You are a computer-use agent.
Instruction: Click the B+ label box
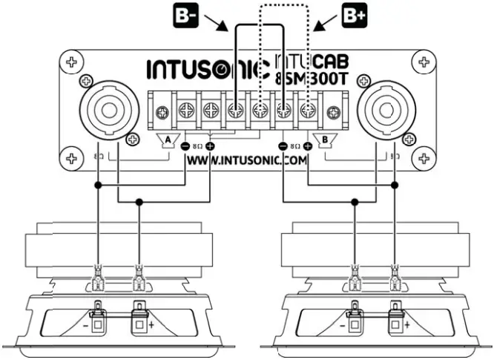(x=352, y=17)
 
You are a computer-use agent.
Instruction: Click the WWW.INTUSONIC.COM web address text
(x=247, y=159)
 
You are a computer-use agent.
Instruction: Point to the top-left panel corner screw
(x=72, y=62)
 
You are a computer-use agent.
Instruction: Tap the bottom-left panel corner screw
(x=72, y=157)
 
